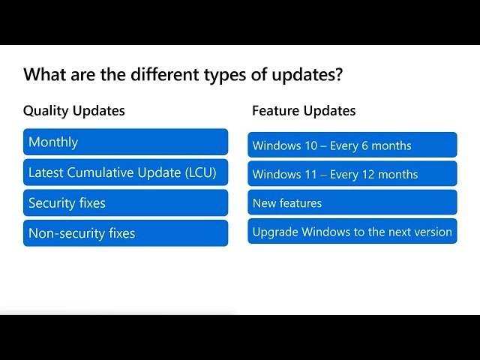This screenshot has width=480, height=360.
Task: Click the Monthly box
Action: [125, 142]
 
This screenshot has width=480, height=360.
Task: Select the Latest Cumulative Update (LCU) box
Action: [125, 172]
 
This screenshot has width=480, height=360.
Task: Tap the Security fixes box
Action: [125, 202]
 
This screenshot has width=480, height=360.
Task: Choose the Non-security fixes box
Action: [125, 233]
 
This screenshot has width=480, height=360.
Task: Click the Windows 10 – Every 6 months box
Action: [352, 145]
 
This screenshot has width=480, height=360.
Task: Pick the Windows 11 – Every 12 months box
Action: [352, 173]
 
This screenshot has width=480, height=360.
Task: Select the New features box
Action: [352, 202]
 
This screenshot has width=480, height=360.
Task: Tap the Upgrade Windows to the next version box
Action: [352, 231]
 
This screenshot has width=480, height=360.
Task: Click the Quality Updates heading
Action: [74, 111]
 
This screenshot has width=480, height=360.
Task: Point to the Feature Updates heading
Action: [304, 110]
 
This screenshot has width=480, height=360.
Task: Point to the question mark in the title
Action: [338, 74]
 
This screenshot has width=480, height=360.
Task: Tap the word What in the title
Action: [45, 74]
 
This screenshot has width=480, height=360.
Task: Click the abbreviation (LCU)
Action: [201, 172]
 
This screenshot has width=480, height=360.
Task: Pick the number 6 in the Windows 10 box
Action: [364, 145]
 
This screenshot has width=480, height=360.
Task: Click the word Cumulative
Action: [100, 172]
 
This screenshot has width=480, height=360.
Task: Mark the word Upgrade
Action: [275, 232]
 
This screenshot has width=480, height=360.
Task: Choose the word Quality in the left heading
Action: [46, 111]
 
